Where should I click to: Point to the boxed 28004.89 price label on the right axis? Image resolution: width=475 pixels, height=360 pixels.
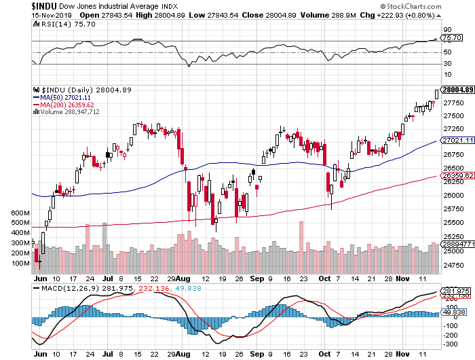tap(457, 90)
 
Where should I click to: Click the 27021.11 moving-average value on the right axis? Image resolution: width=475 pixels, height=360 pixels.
tap(455, 141)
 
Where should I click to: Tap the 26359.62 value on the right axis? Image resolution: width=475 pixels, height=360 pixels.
tap(455, 175)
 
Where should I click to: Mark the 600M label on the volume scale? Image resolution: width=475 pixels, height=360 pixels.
tap(22, 213)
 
